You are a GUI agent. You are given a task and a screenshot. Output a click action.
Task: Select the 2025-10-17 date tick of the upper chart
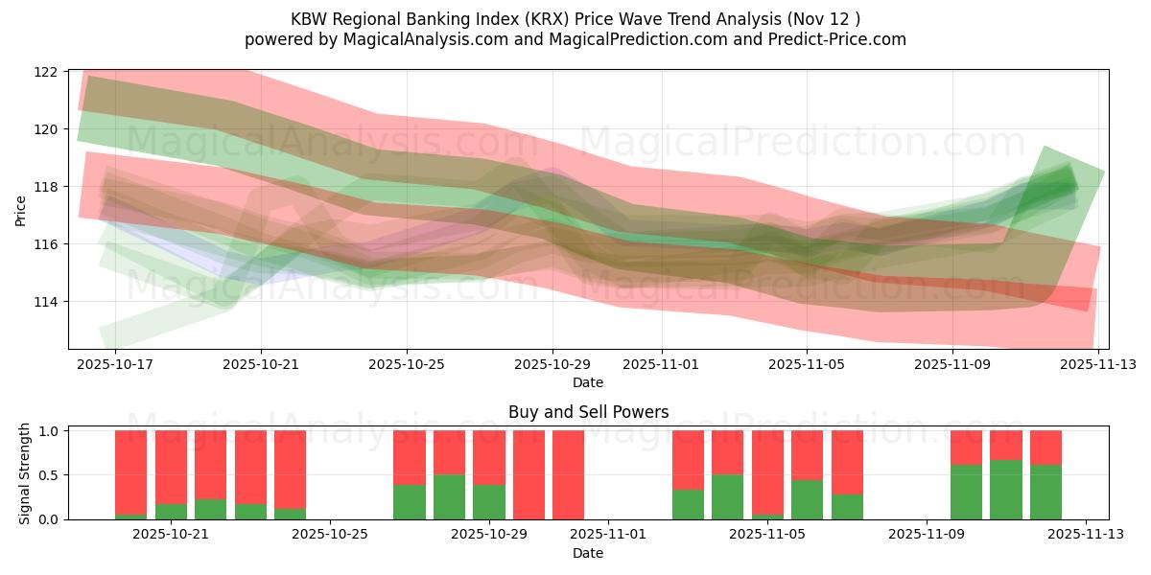pyautogui.click(x=115, y=364)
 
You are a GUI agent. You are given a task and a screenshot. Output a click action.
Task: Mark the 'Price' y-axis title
pyautogui.click(x=21, y=209)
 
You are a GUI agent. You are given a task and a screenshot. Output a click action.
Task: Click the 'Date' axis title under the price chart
pyautogui.click(x=588, y=382)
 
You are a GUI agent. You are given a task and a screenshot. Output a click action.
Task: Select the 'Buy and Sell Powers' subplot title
pyautogui.click(x=588, y=412)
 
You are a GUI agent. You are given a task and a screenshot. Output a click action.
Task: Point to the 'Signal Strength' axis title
pyautogui.click(x=25, y=474)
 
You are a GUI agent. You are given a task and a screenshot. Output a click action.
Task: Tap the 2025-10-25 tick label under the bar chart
pyautogui.click(x=330, y=534)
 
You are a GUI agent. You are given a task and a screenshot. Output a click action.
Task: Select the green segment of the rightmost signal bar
pyautogui.click(x=1045, y=493)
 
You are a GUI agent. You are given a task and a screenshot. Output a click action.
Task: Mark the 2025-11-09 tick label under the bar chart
pyautogui.click(x=927, y=534)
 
